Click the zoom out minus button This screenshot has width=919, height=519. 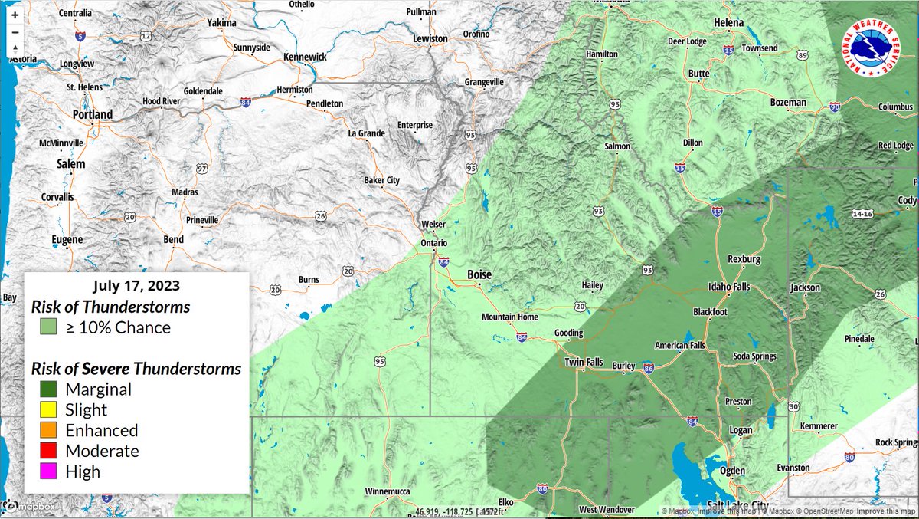(15, 32)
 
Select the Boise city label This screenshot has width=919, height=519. (479, 275)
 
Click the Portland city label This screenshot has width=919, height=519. (92, 115)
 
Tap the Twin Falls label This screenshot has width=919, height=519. (585, 362)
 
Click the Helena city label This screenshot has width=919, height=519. (728, 23)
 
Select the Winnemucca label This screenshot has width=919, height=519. (389, 491)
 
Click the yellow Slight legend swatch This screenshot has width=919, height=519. (48, 409)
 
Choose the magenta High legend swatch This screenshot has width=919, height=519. (48, 471)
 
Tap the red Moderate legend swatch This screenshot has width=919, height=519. (48, 451)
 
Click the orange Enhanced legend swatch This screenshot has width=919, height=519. (48, 430)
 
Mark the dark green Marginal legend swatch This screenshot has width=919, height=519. (48, 389)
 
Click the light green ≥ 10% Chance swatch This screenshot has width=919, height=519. (48, 327)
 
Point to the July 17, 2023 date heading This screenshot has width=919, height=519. (136, 286)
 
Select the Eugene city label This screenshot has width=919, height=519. (67, 240)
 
